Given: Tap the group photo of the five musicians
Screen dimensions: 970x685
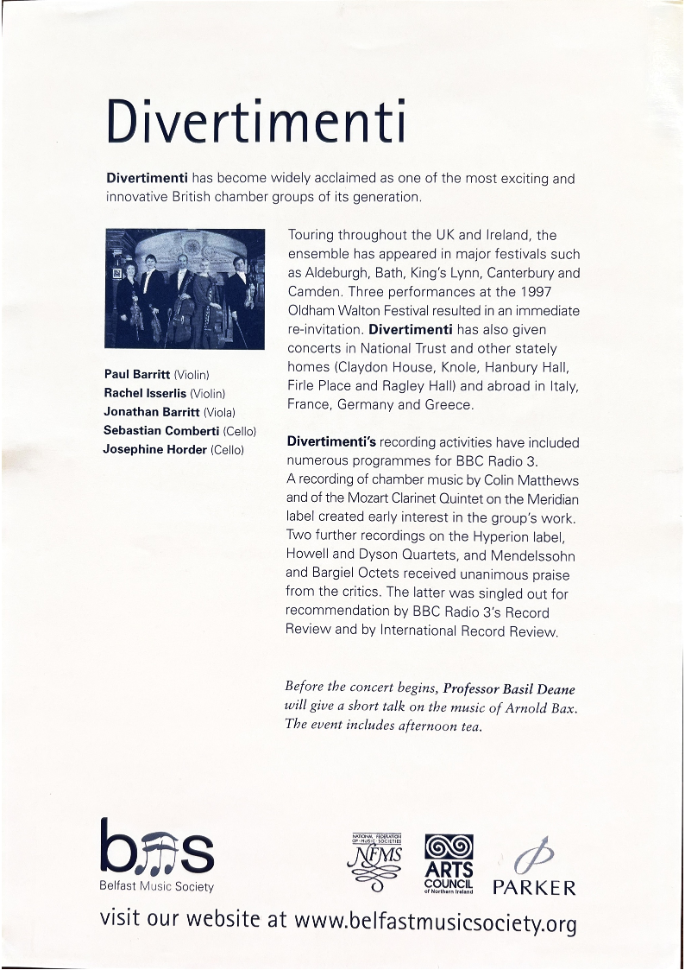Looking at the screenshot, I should [185, 288].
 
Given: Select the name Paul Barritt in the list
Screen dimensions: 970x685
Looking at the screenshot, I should [137, 374].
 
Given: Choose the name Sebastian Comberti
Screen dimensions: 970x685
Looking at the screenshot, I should [160, 430].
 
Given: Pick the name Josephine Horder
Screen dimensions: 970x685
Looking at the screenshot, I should [155, 449].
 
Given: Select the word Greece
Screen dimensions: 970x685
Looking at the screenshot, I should [449, 404].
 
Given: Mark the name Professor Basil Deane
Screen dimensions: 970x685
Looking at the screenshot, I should [509, 688].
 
